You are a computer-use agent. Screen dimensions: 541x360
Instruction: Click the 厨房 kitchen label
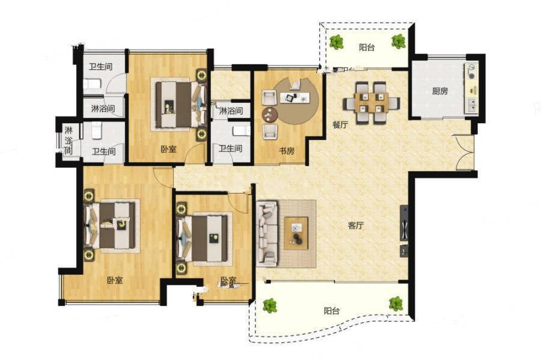click(x=440, y=91)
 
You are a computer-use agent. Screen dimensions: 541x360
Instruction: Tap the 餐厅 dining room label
click(x=340, y=124)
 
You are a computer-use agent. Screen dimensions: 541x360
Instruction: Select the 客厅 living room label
click(x=356, y=225)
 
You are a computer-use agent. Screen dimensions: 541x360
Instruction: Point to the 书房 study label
click(x=287, y=151)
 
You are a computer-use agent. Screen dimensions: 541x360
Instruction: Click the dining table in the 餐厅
click(x=371, y=102)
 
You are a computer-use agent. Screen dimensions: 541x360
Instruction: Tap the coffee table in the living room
click(x=296, y=233)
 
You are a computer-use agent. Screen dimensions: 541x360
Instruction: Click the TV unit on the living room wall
click(x=404, y=223)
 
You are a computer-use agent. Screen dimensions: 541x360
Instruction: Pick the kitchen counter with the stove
click(x=471, y=88)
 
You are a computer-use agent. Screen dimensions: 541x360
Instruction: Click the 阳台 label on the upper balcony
click(x=367, y=47)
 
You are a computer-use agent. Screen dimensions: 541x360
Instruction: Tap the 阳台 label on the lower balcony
click(x=332, y=311)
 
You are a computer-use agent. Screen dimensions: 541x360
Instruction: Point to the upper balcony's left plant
click(x=336, y=41)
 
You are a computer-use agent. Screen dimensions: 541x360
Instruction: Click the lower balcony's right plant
click(x=396, y=304)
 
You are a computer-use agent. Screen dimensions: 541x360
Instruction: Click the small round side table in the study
click(x=269, y=114)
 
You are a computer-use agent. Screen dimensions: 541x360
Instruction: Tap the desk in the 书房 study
click(x=295, y=97)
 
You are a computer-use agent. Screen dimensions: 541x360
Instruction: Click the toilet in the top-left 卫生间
click(x=92, y=84)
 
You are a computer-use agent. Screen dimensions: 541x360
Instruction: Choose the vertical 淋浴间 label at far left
click(x=69, y=141)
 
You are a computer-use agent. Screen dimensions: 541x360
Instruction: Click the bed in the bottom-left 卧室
click(x=110, y=225)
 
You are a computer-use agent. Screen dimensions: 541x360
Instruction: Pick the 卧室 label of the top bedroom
click(x=168, y=149)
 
